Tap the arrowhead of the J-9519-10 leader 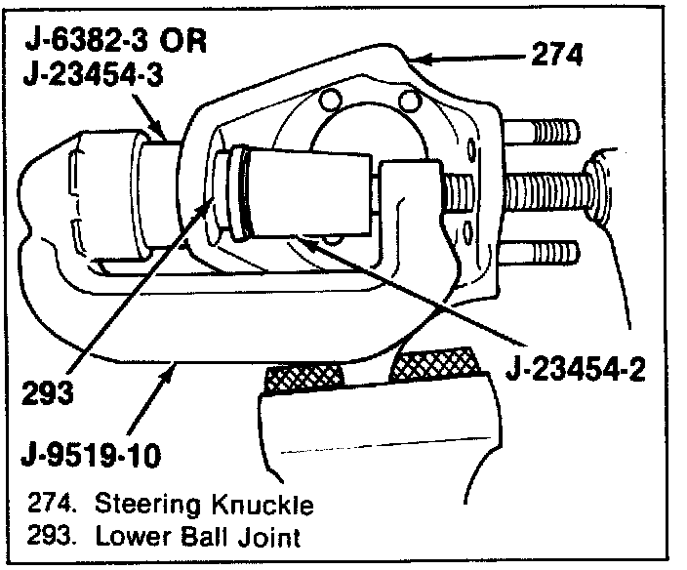click(175, 363)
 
